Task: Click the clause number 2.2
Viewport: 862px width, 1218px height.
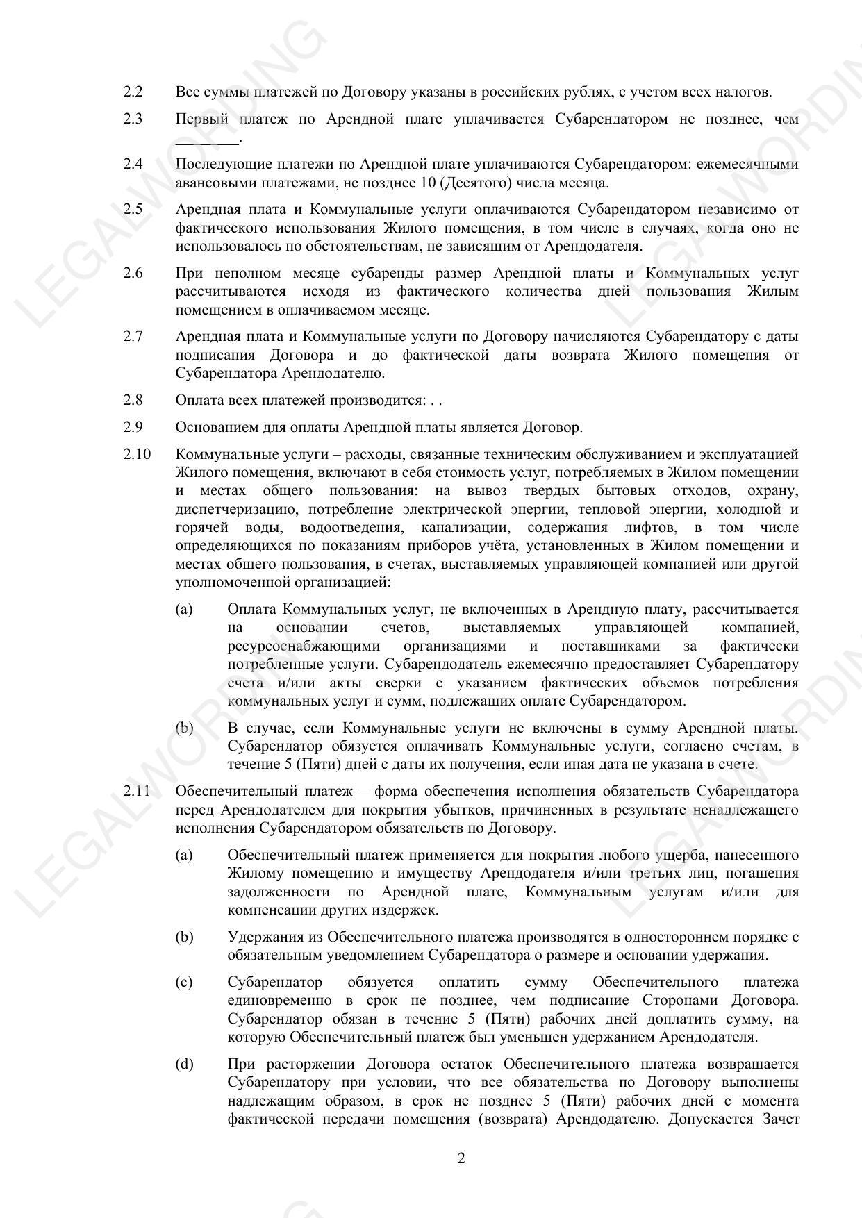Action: pyautogui.click(x=133, y=92)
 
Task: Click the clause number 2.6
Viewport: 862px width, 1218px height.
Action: pyautogui.click(x=133, y=273)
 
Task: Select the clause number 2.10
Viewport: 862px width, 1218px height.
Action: pyautogui.click(x=136, y=454)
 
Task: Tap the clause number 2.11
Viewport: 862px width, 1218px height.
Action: pyautogui.click(x=136, y=791)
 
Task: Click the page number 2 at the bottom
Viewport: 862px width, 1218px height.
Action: pyautogui.click(x=461, y=1158)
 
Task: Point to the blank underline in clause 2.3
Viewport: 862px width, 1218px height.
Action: pyautogui.click(x=207, y=140)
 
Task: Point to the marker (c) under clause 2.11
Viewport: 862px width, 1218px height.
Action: pyautogui.click(x=184, y=982)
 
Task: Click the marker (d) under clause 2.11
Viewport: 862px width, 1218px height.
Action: pyautogui.click(x=184, y=1064)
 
